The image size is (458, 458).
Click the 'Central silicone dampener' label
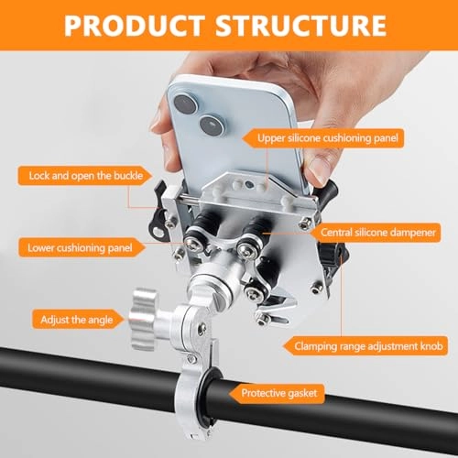376,233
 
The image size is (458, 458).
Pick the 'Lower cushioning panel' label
80,247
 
